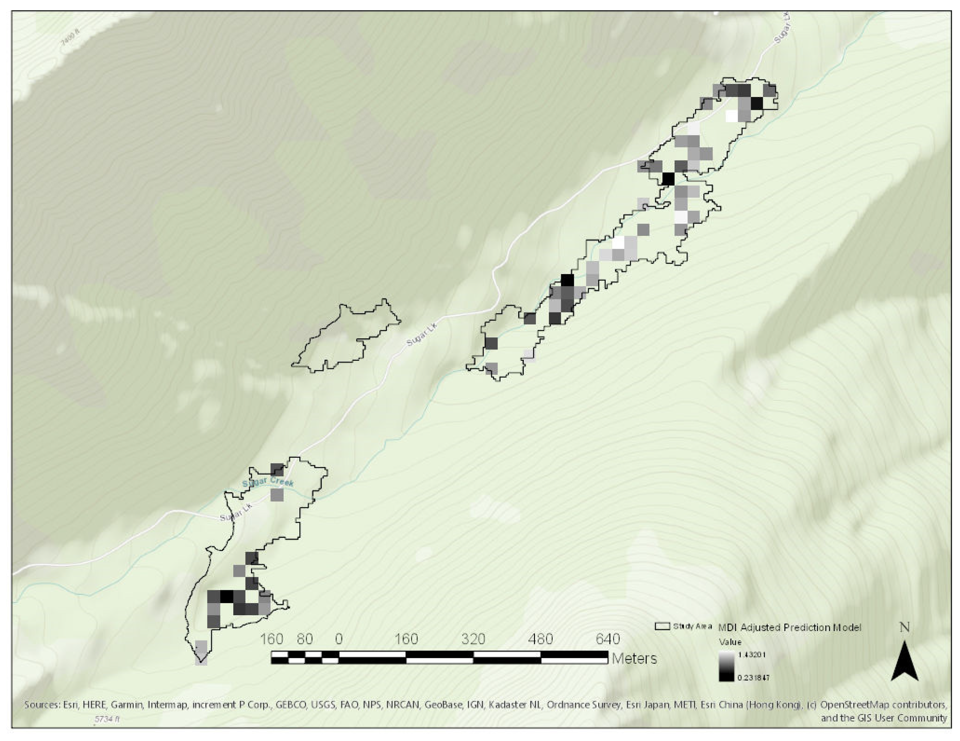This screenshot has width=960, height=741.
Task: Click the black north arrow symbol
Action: click(x=904, y=662)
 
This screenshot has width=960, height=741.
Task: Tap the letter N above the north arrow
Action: click(x=904, y=627)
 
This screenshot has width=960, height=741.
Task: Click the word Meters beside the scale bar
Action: click(x=634, y=658)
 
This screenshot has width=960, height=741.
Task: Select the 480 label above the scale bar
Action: click(x=540, y=638)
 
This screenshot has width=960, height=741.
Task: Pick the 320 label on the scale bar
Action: click(x=473, y=638)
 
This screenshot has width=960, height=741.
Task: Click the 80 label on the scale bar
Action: click(x=304, y=638)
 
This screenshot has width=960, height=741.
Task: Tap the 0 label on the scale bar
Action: click(x=338, y=638)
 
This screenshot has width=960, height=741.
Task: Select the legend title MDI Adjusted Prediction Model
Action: click(x=789, y=628)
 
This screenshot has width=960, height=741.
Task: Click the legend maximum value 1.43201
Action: click(x=752, y=655)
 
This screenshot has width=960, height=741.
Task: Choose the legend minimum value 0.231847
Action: click(x=753, y=678)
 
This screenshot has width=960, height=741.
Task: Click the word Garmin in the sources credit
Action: click(x=127, y=705)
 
